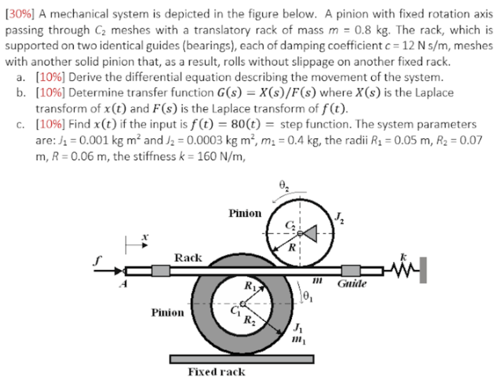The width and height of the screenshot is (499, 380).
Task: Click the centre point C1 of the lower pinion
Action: click(243, 304)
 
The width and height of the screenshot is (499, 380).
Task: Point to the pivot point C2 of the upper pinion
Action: click(300, 233)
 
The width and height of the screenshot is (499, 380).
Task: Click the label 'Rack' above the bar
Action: click(189, 258)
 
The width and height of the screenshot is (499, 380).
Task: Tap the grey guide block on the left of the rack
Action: click(161, 271)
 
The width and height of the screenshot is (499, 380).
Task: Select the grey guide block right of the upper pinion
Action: click(351, 271)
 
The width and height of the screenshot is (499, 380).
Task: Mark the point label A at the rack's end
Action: click(123, 284)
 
